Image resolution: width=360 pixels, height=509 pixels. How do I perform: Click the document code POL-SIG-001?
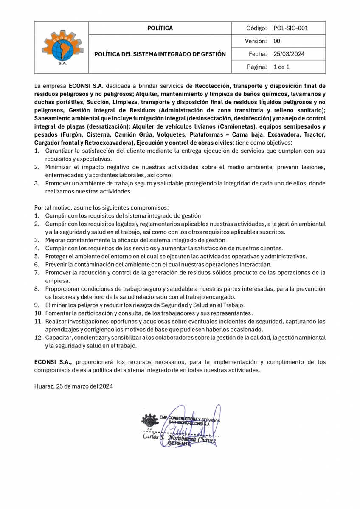291,28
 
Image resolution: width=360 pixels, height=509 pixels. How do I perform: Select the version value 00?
277,41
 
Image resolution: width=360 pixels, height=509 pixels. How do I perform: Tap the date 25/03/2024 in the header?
289,54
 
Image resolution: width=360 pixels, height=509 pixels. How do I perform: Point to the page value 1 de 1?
281,67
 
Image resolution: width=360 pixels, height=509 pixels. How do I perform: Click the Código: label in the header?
256,28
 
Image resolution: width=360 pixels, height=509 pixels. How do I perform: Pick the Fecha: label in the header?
258,54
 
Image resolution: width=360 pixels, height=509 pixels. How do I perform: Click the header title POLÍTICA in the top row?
160,28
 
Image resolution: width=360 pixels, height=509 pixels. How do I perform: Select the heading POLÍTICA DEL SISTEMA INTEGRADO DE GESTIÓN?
160,54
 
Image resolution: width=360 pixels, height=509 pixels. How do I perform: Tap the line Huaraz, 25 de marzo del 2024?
73,386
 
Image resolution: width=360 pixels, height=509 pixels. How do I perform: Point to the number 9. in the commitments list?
37,305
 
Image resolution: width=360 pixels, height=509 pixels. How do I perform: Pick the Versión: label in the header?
256,41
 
